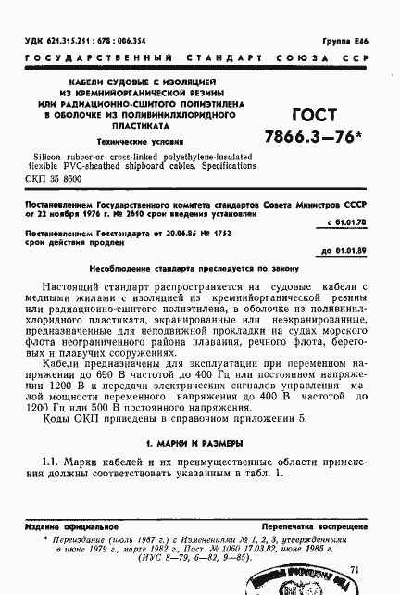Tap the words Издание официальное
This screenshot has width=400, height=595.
pos(68,526)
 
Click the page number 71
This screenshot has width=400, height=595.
pos(356,570)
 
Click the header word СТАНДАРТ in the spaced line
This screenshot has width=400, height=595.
pos(227,57)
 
